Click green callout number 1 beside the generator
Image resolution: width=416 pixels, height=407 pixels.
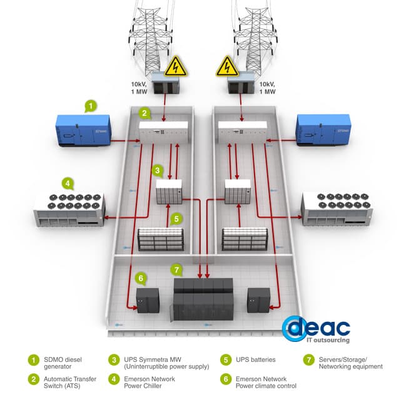(91, 106)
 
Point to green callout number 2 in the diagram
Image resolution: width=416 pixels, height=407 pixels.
(145, 113)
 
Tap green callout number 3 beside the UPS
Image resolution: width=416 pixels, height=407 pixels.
(158, 170)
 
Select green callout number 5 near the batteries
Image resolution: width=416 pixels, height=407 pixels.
(176, 219)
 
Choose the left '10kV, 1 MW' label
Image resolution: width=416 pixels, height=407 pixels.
(140, 88)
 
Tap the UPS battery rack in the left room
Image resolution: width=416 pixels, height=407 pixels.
(161, 238)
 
